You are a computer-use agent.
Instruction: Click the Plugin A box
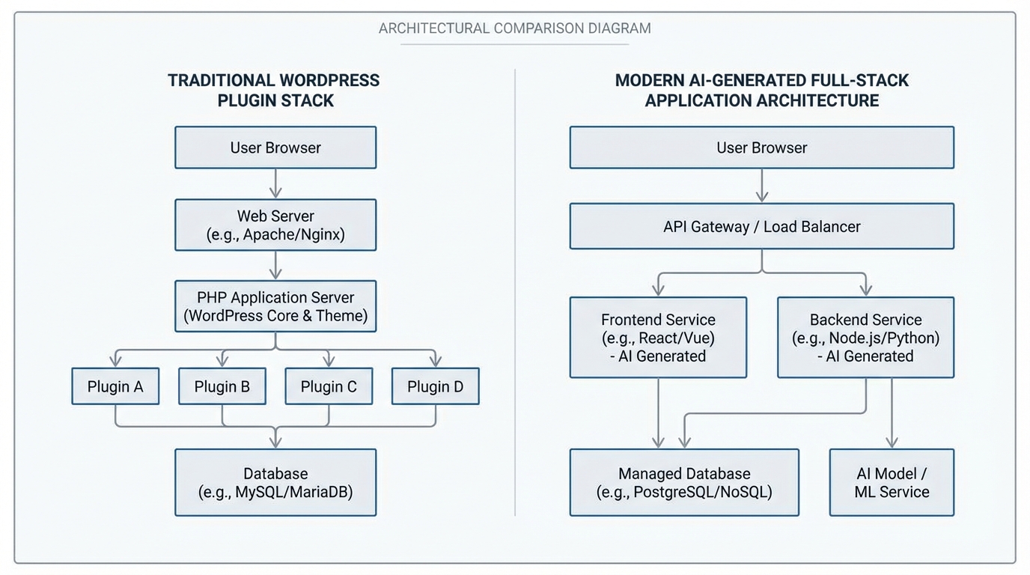pyautogui.click(x=115, y=386)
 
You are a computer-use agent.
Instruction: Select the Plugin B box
pyautogui.click(x=222, y=386)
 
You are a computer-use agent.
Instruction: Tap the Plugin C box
pyautogui.click(x=329, y=386)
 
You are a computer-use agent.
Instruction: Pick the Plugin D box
pyautogui.click(x=435, y=386)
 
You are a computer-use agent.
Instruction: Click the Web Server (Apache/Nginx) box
pyautogui.click(x=275, y=225)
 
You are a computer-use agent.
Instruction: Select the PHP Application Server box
pyautogui.click(x=275, y=306)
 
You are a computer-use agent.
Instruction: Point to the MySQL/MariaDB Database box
pyautogui.click(x=275, y=482)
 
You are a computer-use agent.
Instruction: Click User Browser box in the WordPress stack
pyautogui.click(x=275, y=147)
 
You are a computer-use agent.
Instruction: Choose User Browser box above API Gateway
pyautogui.click(x=761, y=147)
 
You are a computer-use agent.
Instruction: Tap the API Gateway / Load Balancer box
pyautogui.click(x=761, y=226)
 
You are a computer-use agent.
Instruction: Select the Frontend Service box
pyautogui.click(x=658, y=338)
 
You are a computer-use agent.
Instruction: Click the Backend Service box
pyautogui.click(x=865, y=338)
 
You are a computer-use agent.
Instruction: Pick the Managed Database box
pyautogui.click(x=683, y=482)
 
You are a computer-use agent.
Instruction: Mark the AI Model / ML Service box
pyautogui.click(x=892, y=482)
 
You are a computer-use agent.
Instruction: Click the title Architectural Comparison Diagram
pyautogui.click(x=514, y=28)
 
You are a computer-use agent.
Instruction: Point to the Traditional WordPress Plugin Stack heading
pyautogui.click(x=274, y=90)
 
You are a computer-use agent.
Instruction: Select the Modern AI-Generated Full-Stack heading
pyautogui.click(x=761, y=90)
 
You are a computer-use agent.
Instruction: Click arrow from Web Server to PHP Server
pyautogui.click(x=275, y=265)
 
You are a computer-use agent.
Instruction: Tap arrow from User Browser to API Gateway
pyautogui.click(x=761, y=185)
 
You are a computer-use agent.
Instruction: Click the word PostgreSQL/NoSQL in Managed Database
pyautogui.click(x=702, y=492)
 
